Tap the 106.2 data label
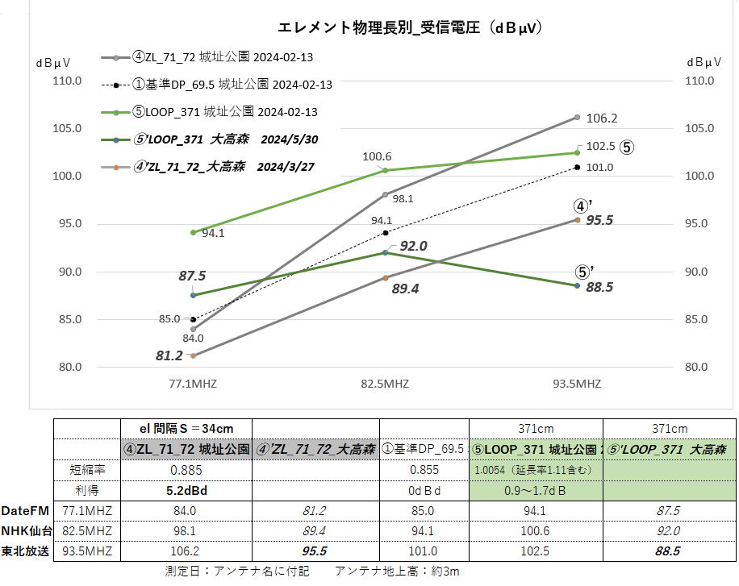point(600,118)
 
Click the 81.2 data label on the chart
point(169,355)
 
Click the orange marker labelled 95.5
point(578,219)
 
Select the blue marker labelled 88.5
point(578,285)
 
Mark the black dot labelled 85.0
point(193,319)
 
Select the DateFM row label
point(25,510)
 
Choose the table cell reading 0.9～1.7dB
point(536,490)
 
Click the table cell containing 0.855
point(424,469)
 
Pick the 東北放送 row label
point(25,551)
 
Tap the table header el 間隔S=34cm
point(186,428)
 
